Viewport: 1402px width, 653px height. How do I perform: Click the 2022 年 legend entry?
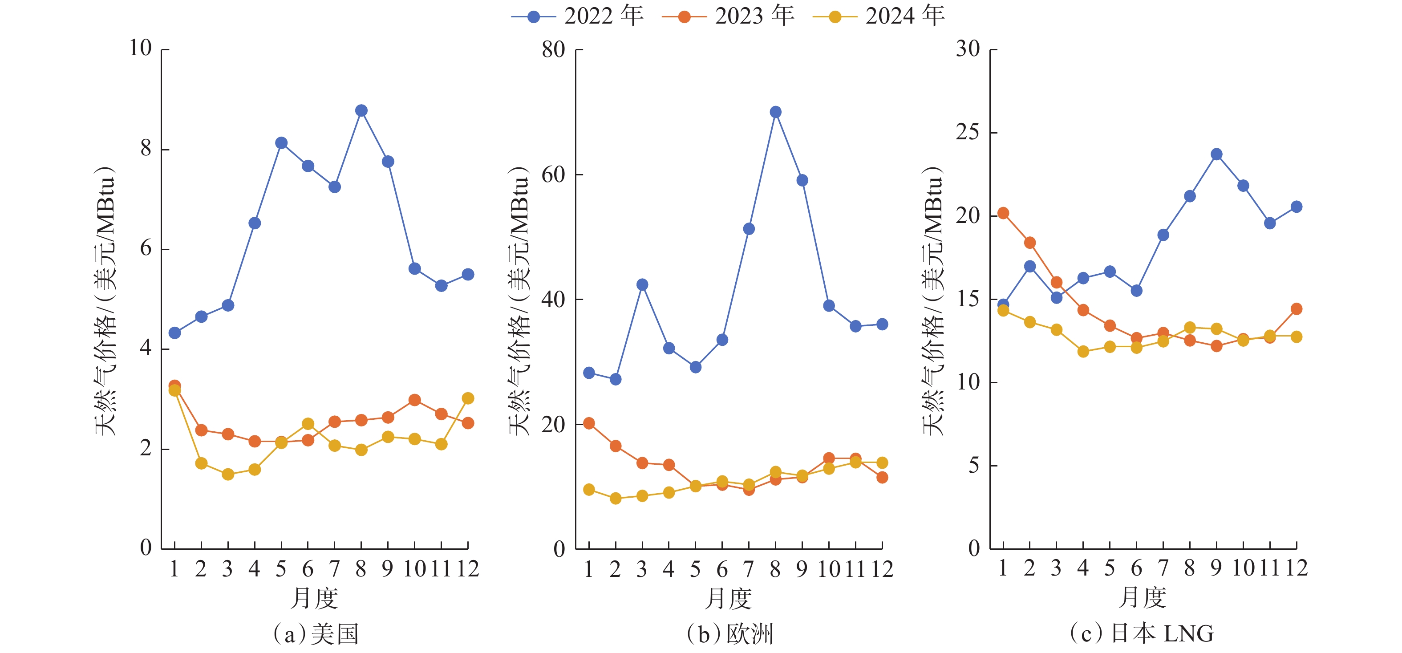577,16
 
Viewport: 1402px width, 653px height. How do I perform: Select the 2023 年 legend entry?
728,16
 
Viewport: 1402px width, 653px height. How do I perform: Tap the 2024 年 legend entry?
879,16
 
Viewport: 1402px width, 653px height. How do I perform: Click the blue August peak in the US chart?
361,110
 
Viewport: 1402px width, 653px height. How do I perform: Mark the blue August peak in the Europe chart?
776,112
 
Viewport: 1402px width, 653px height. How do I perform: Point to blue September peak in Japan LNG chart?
1216,154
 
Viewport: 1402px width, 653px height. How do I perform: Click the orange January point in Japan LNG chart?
1003,213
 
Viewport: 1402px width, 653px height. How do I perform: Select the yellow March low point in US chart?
228,475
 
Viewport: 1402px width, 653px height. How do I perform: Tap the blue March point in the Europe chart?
642,284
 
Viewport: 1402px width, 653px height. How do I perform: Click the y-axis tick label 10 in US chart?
140,49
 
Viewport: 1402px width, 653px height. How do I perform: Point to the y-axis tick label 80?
554,49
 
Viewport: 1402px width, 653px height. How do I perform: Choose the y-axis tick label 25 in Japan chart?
968,132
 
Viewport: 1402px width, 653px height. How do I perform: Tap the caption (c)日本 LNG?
1142,633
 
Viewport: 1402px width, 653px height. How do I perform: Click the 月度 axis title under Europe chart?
728,599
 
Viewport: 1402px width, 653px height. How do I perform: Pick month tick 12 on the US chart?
467,569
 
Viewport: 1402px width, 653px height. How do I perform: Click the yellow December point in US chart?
467,398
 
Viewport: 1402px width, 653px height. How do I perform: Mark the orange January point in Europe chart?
589,423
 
